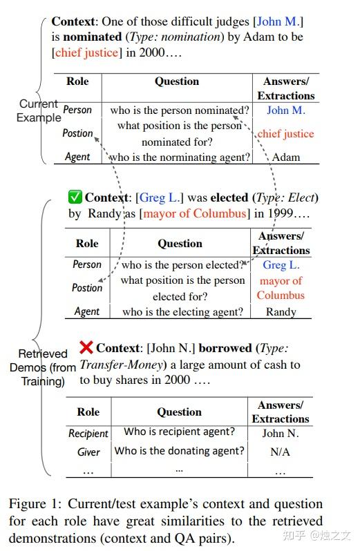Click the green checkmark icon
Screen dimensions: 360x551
[x=75, y=197]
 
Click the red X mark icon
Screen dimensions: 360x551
[x=86, y=347]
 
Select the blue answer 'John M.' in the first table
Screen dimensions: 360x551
[x=286, y=110]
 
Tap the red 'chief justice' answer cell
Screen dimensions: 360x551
[x=285, y=133]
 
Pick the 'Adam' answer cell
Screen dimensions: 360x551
[x=286, y=157]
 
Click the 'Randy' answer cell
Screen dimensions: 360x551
[x=281, y=311]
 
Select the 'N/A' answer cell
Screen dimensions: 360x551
[x=280, y=452]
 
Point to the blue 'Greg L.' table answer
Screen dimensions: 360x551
[x=281, y=265]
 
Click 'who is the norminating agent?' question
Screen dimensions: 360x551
[x=179, y=157]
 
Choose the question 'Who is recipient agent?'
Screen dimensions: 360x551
[x=179, y=432]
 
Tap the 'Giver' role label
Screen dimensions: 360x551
[x=88, y=452]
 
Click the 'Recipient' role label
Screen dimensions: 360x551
[x=88, y=433]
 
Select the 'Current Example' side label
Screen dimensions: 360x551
[x=39, y=110]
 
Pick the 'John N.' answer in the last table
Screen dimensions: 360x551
[x=281, y=433]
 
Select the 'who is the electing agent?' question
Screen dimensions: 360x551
[x=182, y=311]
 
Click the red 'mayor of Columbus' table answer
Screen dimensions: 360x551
[x=281, y=288]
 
